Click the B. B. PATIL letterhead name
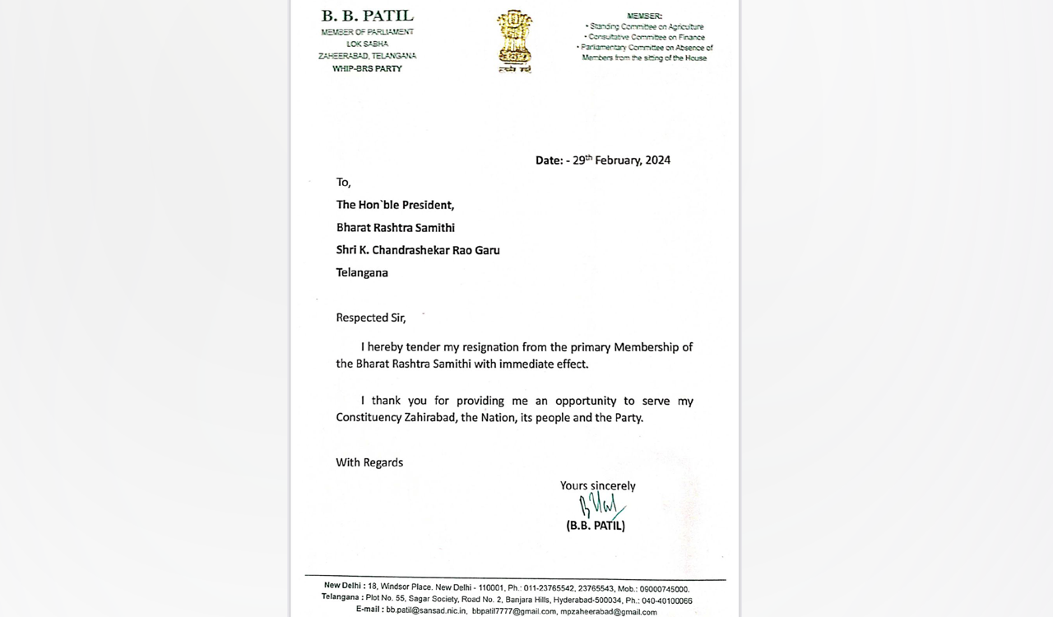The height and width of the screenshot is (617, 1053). (x=367, y=16)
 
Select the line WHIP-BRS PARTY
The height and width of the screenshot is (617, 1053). (x=367, y=68)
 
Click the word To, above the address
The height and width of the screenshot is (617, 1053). (x=343, y=183)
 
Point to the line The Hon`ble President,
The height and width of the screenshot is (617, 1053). (x=395, y=205)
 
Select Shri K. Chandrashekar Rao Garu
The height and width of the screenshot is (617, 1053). (x=417, y=250)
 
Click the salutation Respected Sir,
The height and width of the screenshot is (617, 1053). (x=371, y=318)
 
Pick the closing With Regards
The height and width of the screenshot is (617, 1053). (x=369, y=462)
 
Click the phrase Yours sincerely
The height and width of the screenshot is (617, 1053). (x=597, y=486)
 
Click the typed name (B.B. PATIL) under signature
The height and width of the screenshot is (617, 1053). (x=596, y=526)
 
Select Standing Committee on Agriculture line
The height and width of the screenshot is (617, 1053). (x=646, y=27)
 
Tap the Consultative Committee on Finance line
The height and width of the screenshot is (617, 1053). (x=646, y=37)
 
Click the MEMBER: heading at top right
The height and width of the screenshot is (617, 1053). (x=644, y=16)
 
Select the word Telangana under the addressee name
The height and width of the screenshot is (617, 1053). (x=362, y=272)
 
